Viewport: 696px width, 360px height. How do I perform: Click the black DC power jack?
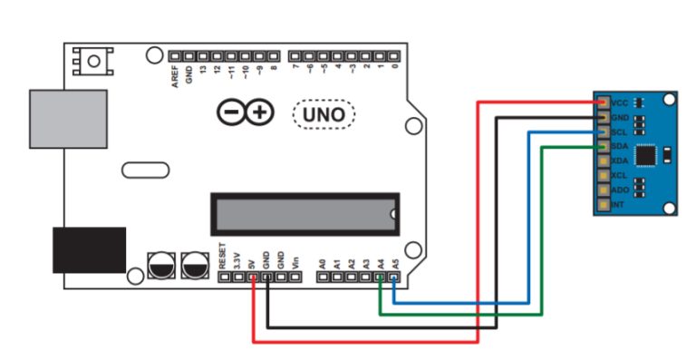pyautogui.click(x=89, y=249)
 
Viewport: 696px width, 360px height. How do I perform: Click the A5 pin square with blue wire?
pyautogui.click(x=394, y=277)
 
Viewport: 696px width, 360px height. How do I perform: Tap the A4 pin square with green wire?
pyautogui.click(x=380, y=277)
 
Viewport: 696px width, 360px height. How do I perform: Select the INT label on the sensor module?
pyautogui.click(x=619, y=206)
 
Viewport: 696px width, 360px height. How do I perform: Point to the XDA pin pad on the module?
pyautogui.click(x=603, y=161)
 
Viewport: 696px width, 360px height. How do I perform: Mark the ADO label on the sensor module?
pyautogui.click(x=621, y=190)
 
